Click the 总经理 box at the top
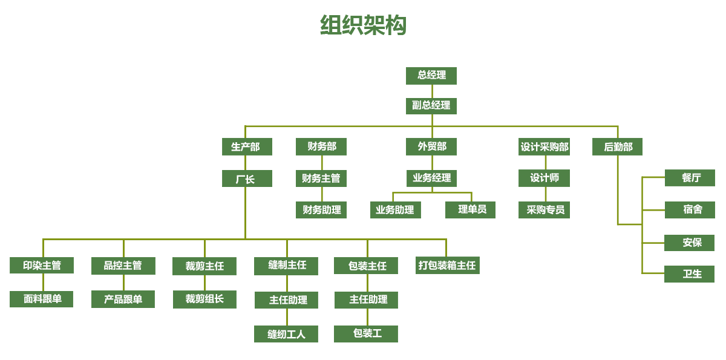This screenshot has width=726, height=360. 431,76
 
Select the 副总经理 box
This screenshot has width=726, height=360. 431,106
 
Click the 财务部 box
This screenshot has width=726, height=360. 321,147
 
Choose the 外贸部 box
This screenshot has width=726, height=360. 431,147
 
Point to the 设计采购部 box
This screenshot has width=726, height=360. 544,147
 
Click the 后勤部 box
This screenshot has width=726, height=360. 617,147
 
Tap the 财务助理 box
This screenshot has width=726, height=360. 321,210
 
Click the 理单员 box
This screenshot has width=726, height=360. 471,210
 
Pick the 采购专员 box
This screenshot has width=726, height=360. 544,210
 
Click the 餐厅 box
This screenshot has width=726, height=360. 690,178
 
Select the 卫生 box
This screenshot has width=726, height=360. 690,274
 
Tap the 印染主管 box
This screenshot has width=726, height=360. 42,266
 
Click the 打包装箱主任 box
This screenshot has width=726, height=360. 448,266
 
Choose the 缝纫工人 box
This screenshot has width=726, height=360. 286,334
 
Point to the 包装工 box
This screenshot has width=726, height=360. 366,334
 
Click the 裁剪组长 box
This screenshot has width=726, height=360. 204,299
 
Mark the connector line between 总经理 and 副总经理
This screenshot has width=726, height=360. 431,91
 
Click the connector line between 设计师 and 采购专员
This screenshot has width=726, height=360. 545,194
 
